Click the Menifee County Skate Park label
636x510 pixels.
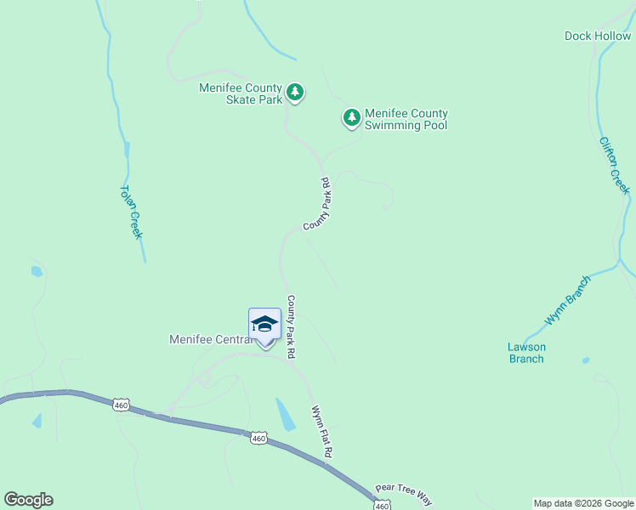tap(241, 93)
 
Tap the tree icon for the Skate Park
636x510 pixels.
tap(295, 92)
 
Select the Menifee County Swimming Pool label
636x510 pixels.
tap(406, 119)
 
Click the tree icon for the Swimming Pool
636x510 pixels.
tap(352, 117)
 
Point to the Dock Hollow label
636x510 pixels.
tap(598, 36)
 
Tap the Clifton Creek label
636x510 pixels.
tap(614, 166)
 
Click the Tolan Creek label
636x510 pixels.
tap(130, 212)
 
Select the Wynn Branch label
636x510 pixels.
tap(568, 300)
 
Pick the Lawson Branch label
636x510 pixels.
tap(526, 353)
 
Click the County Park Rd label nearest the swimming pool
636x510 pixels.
tap(316, 204)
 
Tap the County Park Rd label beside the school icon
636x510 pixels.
tap(291, 326)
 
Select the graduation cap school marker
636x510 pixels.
tap(264, 324)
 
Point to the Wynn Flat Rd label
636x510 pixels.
tap(321, 433)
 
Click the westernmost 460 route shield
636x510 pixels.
tap(122, 405)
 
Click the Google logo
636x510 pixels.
tap(29, 500)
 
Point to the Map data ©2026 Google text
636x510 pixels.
tap(582, 503)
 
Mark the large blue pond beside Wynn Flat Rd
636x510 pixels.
tap(286, 414)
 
